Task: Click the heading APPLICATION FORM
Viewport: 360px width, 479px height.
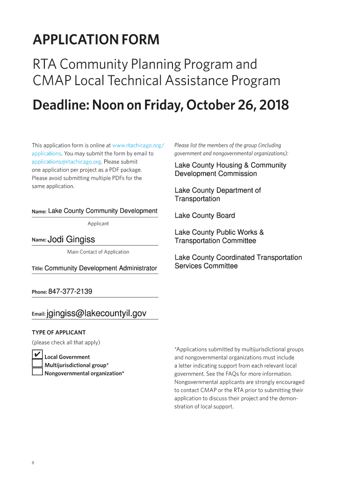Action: click(96, 41)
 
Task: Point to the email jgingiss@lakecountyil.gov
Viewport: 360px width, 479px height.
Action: click(97, 313)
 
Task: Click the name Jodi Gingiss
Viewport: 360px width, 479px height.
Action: click(71, 239)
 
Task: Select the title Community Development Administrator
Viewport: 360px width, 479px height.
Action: click(101, 268)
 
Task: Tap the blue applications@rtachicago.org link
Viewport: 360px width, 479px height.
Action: click(66, 161)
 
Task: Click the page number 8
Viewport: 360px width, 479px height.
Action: click(33, 463)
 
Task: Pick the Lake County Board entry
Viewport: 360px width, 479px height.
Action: click(205, 216)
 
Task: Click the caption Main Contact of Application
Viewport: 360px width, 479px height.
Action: click(98, 252)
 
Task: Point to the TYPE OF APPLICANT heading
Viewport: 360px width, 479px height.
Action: click(58, 333)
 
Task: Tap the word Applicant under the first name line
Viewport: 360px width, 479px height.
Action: click(98, 224)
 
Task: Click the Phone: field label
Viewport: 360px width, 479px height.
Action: click(39, 292)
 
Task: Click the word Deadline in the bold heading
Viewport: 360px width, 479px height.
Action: click(60, 105)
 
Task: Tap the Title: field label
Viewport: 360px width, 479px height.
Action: click(37, 269)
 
